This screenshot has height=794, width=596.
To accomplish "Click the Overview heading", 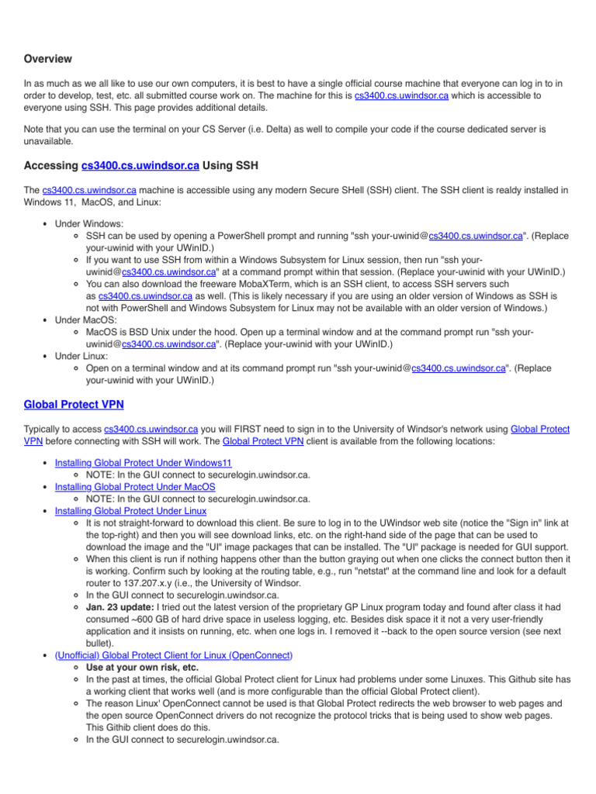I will pyautogui.click(x=48, y=59).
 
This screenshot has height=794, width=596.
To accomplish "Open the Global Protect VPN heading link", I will pyautogui.click(x=73, y=404).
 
